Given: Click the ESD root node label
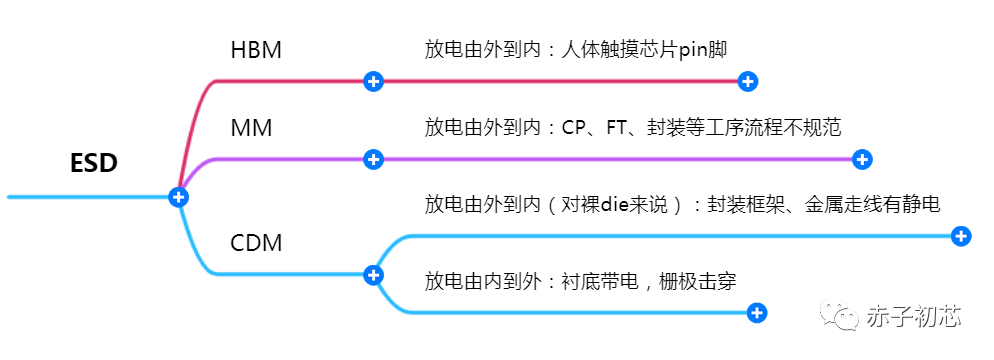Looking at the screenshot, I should point(94,164).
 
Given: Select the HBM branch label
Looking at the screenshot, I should point(256,50).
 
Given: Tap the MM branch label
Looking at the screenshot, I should point(251,128).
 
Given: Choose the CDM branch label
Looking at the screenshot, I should point(256,243).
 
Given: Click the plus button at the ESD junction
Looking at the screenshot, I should point(179,197).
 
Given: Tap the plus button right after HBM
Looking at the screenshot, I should point(373,81).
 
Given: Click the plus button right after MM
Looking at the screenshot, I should point(373,159).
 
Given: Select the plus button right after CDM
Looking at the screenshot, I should point(373,274).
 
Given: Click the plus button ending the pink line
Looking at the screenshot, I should point(747,81).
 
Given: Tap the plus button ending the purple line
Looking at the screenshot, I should point(863,159).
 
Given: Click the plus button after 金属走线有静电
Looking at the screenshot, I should point(960,236).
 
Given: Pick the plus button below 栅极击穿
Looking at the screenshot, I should point(757,313).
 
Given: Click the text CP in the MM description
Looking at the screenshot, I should point(574,128).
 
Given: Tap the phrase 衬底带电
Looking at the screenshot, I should point(596,281).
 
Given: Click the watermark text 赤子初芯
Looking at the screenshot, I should point(916,317).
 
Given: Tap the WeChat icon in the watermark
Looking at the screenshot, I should point(840,316).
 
